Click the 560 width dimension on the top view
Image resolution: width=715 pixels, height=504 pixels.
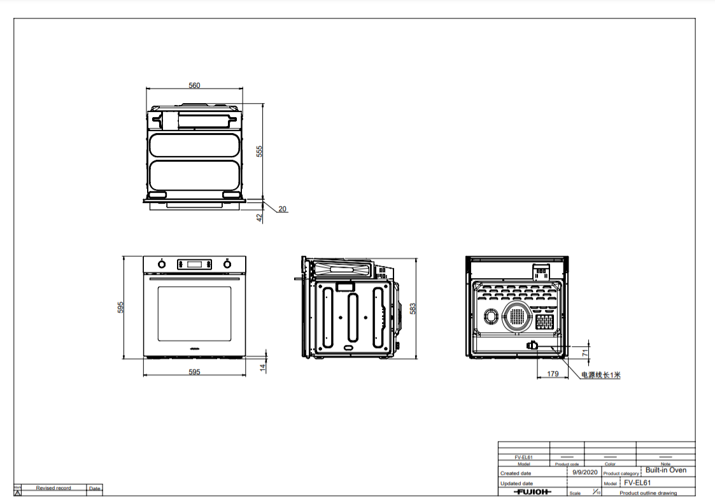(x=194, y=85)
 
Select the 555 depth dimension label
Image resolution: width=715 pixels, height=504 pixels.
(x=259, y=151)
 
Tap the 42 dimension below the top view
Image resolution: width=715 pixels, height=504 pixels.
(x=259, y=217)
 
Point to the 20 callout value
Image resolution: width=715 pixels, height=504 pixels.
(x=282, y=209)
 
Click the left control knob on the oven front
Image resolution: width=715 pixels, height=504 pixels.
(x=162, y=263)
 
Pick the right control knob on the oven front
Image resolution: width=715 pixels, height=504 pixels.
(x=227, y=263)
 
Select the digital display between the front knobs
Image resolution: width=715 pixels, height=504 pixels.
(x=194, y=263)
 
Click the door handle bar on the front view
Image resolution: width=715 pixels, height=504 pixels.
(x=194, y=279)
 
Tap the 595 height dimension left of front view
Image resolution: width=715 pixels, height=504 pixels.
(x=120, y=307)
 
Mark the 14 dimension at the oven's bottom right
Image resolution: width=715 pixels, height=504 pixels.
(x=261, y=367)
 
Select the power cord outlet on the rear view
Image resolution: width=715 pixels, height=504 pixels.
(x=531, y=346)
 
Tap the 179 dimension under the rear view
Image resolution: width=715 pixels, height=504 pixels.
(x=553, y=374)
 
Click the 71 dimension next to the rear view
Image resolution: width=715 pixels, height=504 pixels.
(x=585, y=352)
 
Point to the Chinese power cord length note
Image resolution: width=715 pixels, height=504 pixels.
(x=600, y=375)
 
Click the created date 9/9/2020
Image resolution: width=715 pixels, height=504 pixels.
(x=584, y=472)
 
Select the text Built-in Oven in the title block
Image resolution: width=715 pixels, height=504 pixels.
(x=665, y=470)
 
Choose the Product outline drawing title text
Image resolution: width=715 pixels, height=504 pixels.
(x=648, y=493)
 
